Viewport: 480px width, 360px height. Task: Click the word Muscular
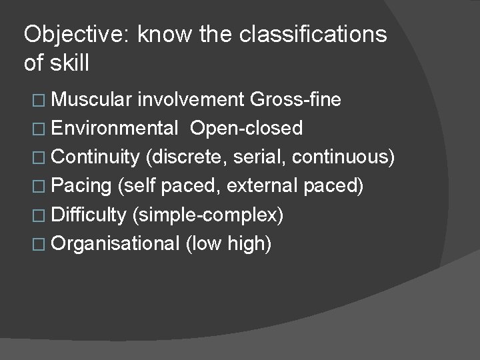(x=91, y=100)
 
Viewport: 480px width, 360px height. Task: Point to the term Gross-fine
(x=295, y=100)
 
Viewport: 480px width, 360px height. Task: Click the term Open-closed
(x=246, y=128)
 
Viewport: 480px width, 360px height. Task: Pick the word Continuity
(x=93, y=157)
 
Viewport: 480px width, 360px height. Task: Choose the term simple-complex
(x=209, y=215)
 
